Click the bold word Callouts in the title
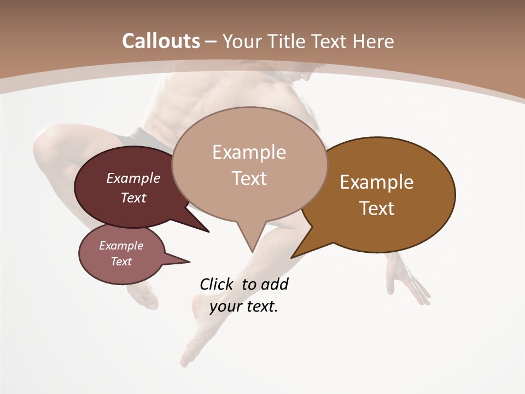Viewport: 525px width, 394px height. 161,42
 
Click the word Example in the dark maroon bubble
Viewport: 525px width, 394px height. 133,178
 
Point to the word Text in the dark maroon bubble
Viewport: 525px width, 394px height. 133,198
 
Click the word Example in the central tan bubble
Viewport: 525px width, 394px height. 249,152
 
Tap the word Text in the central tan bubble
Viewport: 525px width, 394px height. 249,178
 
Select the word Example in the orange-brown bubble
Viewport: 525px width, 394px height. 377,182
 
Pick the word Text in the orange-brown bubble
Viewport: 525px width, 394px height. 377,208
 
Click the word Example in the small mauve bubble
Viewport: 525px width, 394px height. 121,246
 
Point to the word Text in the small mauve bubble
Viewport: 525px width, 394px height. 121,262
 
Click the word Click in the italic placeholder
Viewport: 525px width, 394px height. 217,285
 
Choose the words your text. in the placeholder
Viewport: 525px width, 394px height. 244,306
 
